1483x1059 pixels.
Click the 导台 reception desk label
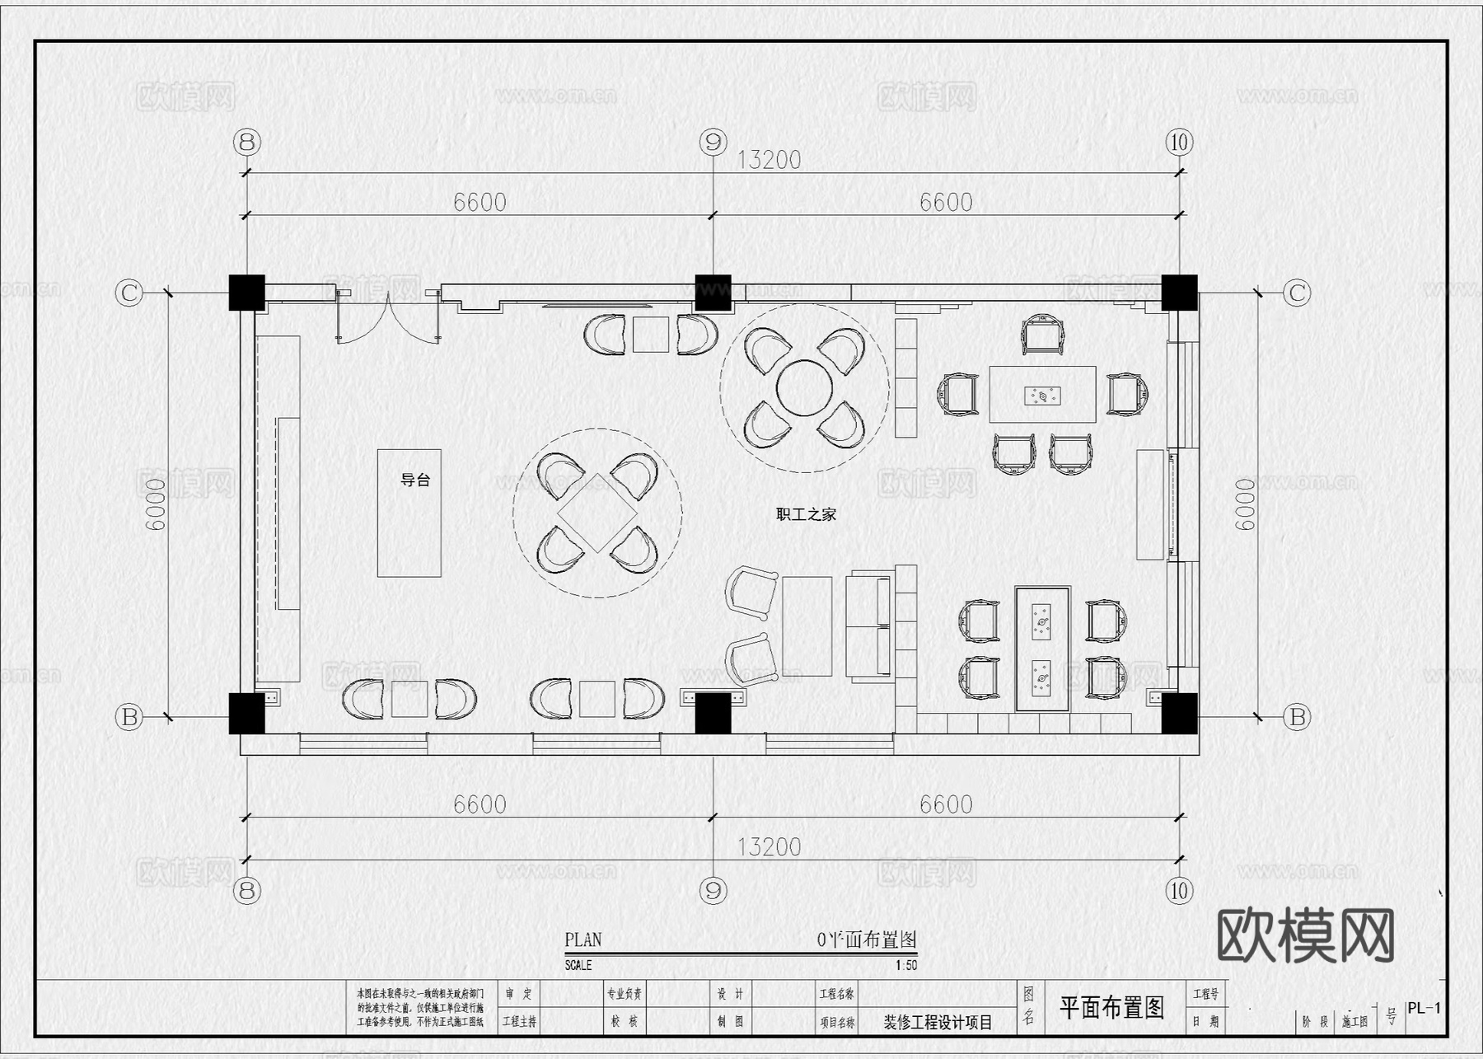point(415,480)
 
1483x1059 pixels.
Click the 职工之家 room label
point(806,514)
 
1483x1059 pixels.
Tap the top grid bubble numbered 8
point(246,143)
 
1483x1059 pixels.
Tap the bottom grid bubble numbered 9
point(713,890)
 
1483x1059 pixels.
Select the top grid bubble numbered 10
point(1179,143)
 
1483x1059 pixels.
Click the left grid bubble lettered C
point(129,293)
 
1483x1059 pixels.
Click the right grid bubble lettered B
point(1297,717)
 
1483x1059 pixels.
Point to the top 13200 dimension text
point(768,160)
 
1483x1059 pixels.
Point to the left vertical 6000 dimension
point(156,504)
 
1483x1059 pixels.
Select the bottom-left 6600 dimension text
point(480,804)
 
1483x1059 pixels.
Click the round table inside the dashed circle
point(804,387)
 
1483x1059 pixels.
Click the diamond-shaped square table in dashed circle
point(597,513)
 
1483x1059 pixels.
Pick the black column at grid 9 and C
point(713,293)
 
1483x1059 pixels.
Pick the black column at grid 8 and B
point(246,713)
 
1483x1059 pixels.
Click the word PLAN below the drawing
point(582,940)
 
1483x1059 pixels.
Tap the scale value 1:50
point(905,965)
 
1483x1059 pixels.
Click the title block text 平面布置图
point(1111,1007)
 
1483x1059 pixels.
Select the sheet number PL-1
point(1424,1008)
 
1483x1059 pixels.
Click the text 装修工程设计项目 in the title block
point(938,1022)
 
